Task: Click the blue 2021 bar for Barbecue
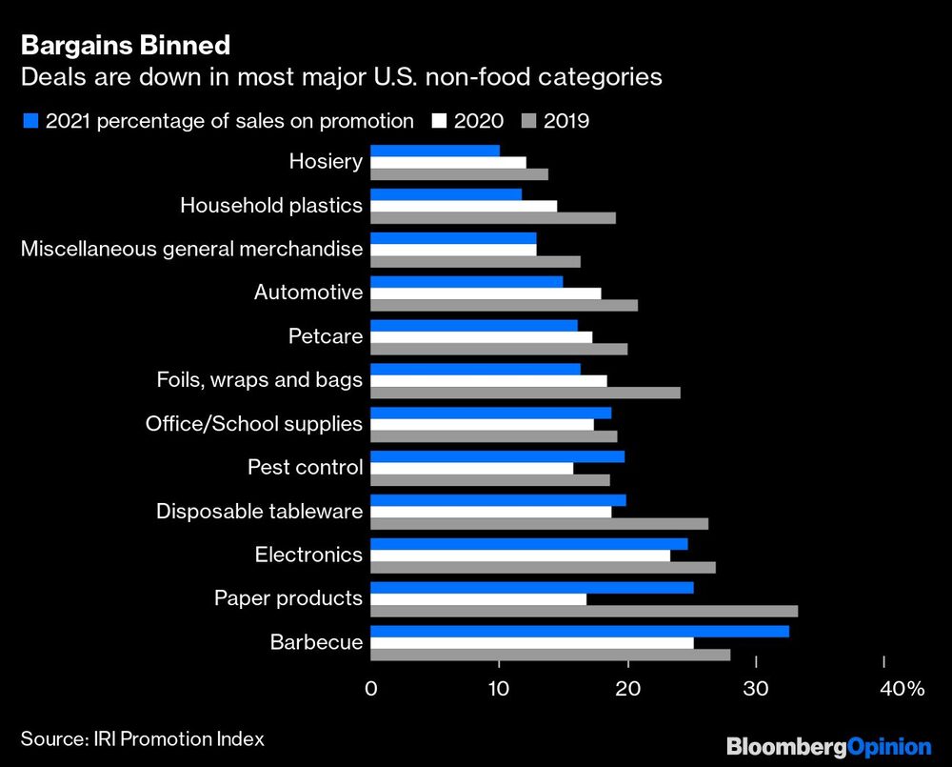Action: coord(579,632)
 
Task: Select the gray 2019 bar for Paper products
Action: coord(584,611)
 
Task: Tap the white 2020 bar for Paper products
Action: coord(478,599)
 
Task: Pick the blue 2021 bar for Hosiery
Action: coord(435,151)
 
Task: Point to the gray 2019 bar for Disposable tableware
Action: coord(539,523)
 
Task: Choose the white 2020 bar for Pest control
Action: coord(471,468)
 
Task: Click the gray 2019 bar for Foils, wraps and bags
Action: coord(525,393)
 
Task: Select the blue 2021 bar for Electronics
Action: coord(528,544)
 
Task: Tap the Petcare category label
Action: coord(326,336)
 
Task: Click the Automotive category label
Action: coord(308,293)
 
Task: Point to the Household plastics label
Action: coord(271,205)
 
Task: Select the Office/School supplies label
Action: coord(254,424)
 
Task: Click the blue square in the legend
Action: coord(29,121)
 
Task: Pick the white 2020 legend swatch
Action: coord(439,121)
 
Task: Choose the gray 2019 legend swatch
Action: coord(528,121)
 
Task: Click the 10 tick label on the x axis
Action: coord(498,689)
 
